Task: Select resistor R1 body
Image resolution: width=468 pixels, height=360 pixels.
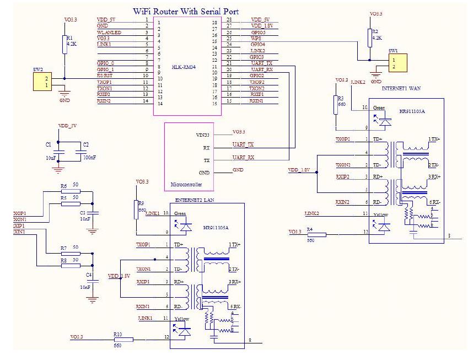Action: pyautogui.click(x=64, y=44)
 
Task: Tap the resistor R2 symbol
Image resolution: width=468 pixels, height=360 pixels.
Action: pyautogui.click(x=369, y=37)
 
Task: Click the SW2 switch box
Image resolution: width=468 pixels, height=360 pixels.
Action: pyautogui.click(x=41, y=82)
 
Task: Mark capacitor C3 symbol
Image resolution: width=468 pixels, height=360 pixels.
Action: pyautogui.click(x=93, y=212)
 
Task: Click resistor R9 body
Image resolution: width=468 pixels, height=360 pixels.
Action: pyautogui.click(x=136, y=210)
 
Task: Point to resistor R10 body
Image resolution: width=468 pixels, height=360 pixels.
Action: pyautogui.click(x=123, y=340)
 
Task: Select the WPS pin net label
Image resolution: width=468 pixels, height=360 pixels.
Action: pyautogui.click(x=256, y=38)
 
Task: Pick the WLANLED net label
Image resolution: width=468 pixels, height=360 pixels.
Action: pyautogui.click(x=109, y=32)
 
